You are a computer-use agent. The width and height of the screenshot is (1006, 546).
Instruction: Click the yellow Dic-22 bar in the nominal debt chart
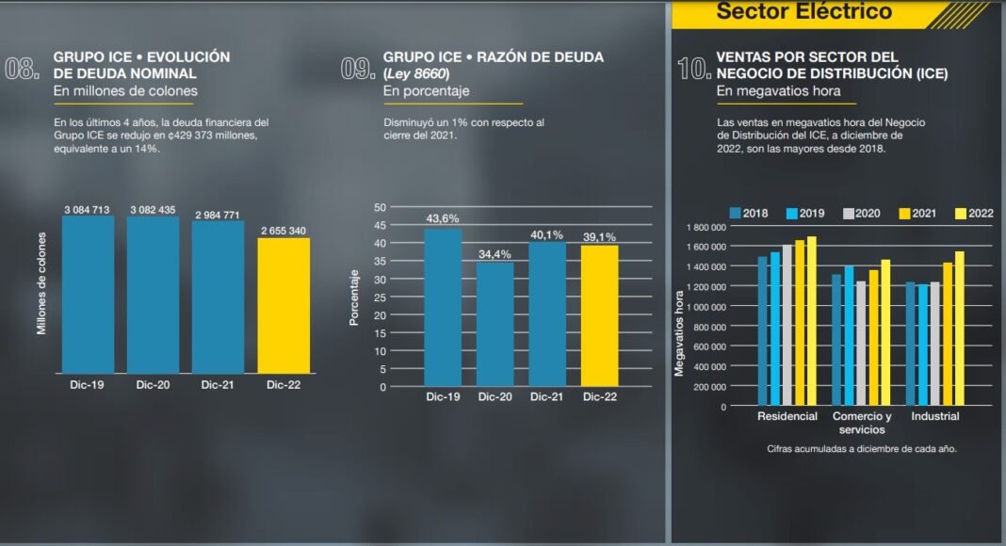click(x=284, y=305)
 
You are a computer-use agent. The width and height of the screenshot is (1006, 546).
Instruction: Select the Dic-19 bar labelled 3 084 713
click(x=88, y=294)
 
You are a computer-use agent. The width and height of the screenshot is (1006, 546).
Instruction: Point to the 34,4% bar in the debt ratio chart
click(x=495, y=324)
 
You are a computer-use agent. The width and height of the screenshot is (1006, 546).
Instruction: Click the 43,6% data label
click(x=443, y=218)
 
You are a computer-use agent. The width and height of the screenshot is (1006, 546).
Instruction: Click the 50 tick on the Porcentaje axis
click(x=381, y=207)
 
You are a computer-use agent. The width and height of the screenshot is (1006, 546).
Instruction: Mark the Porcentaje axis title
click(x=354, y=297)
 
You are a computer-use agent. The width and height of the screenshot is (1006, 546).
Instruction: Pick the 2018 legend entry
click(x=748, y=214)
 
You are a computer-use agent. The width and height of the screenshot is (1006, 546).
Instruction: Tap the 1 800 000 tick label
click(x=706, y=227)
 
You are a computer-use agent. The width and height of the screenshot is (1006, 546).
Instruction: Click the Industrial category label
click(x=934, y=416)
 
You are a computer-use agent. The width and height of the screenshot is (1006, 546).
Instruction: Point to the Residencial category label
click(x=787, y=416)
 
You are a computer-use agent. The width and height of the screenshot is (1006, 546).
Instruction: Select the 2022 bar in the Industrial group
click(x=960, y=329)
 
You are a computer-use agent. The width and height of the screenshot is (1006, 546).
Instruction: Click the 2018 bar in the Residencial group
click(x=763, y=331)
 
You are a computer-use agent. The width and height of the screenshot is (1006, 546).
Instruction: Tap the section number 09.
click(x=358, y=69)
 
